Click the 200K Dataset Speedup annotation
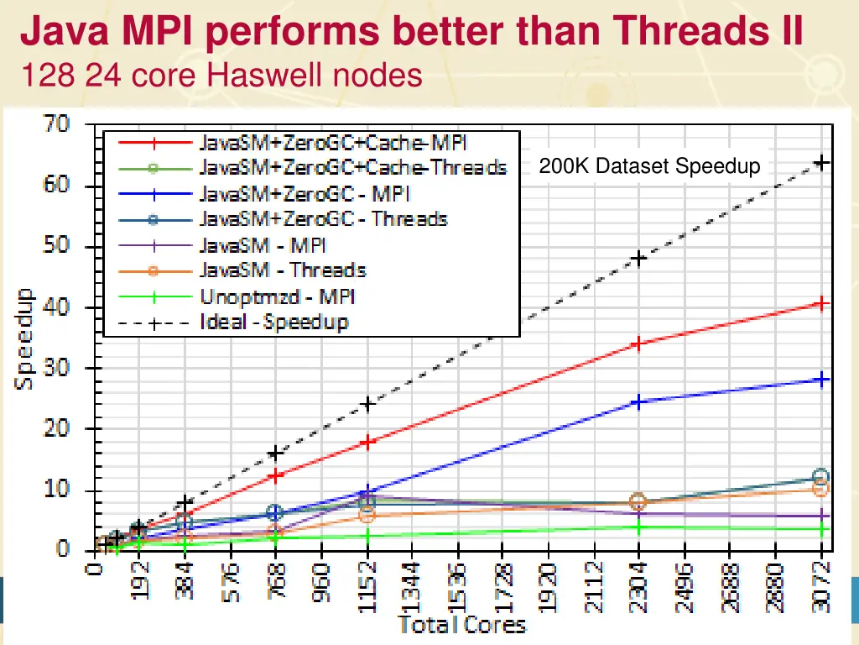[x=650, y=166]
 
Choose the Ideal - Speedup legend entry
[x=273, y=322]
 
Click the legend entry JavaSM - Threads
[x=282, y=270]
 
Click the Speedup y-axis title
[x=25, y=338]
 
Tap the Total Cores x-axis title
[x=461, y=625]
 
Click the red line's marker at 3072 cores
[x=821, y=303]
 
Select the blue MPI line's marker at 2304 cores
[x=639, y=402]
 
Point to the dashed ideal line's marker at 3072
[x=821, y=163]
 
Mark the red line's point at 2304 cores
[x=639, y=343]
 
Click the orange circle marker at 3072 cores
[x=821, y=489]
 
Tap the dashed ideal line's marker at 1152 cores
[x=367, y=404]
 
